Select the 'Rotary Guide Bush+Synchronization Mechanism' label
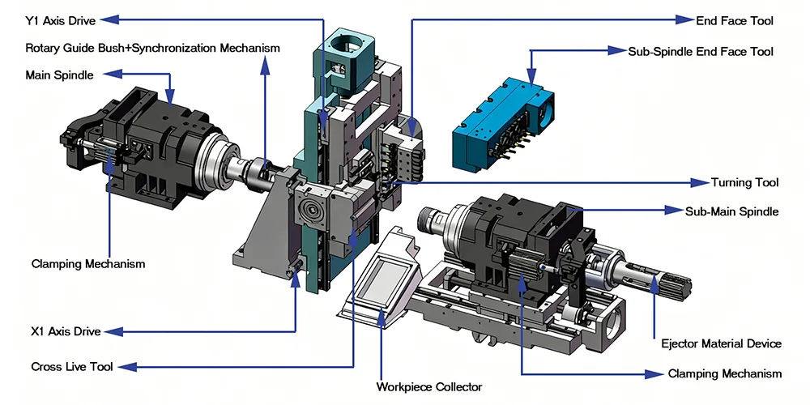click(x=152, y=48)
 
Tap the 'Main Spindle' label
click(x=60, y=75)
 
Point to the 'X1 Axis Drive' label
click(x=66, y=331)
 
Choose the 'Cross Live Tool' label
click(x=70, y=366)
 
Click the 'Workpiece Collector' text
click(x=429, y=386)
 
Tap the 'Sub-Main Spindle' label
click(x=731, y=211)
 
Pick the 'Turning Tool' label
click(x=744, y=182)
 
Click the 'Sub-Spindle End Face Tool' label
click(x=701, y=51)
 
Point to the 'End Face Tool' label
click(x=735, y=20)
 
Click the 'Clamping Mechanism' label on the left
click(x=88, y=264)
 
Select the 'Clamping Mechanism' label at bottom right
click(x=725, y=373)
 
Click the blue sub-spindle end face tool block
click(x=502, y=122)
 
